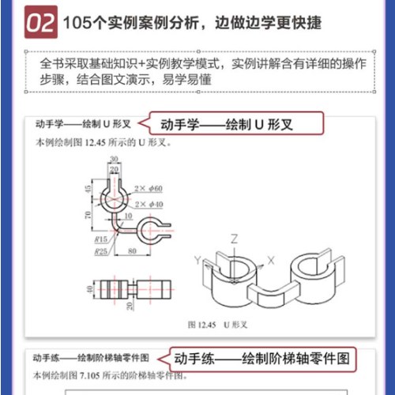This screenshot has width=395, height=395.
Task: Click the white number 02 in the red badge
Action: coord(40,23)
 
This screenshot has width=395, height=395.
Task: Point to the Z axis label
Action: coord(235,238)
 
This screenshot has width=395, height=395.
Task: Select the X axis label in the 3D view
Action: coord(271,259)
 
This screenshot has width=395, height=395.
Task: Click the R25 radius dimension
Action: coord(100,250)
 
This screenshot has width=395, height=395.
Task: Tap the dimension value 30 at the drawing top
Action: coord(115,158)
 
